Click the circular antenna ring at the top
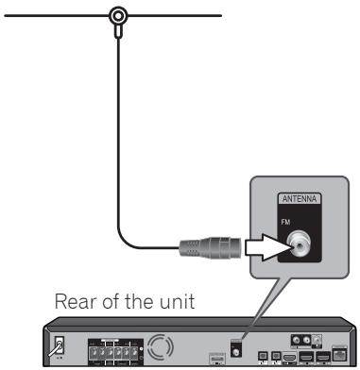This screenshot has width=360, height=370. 118,16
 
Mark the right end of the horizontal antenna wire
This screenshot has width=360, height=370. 222,16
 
